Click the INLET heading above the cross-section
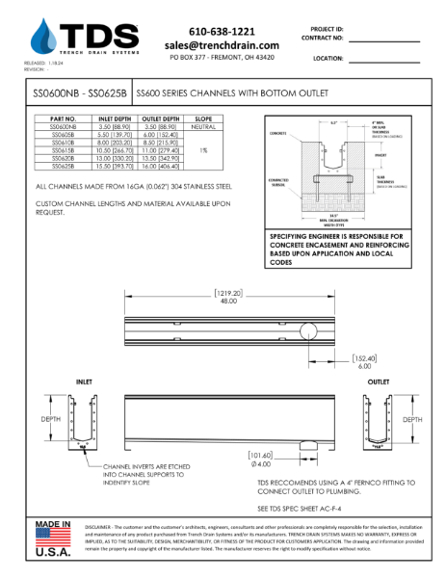[84, 383]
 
